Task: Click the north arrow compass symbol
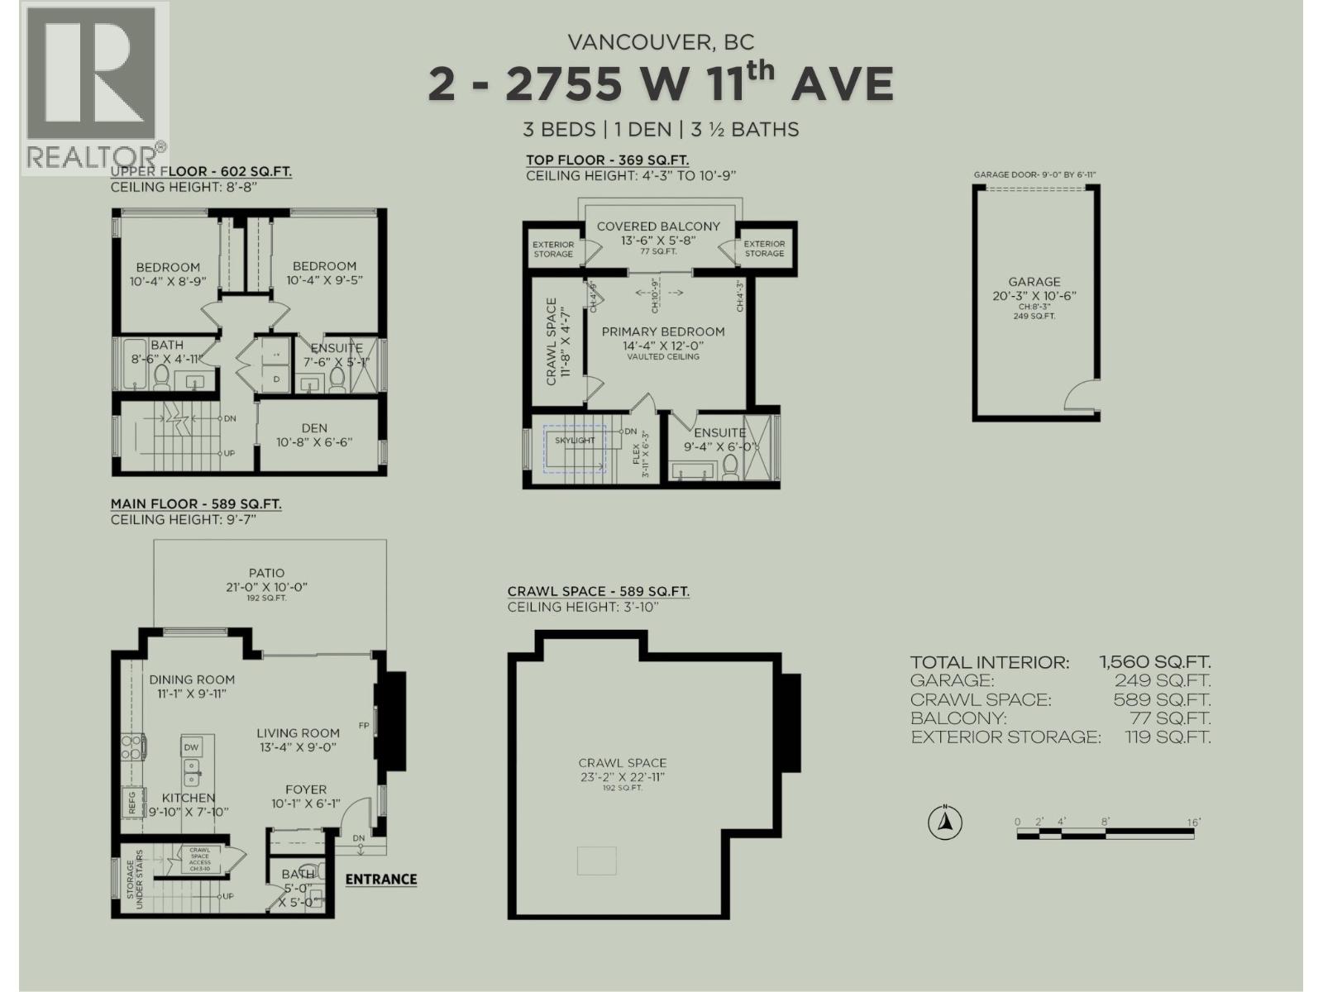tap(943, 823)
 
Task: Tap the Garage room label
tap(1034, 282)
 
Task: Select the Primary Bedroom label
tap(662, 331)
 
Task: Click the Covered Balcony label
tap(658, 226)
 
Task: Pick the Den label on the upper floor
tap(314, 428)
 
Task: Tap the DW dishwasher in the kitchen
tap(191, 747)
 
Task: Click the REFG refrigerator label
tap(131, 803)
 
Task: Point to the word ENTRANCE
tap(380, 879)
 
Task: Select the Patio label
tap(266, 572)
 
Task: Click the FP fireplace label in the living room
tap(363, 726)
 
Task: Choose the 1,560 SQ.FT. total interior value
tap(1154, 662)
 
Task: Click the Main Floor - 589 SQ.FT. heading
tap(196, 503)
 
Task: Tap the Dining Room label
tap(192, 680)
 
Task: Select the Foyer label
tap(306, 789)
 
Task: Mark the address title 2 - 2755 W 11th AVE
tap(661, 83)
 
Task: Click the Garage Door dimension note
tap(1034, 175)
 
